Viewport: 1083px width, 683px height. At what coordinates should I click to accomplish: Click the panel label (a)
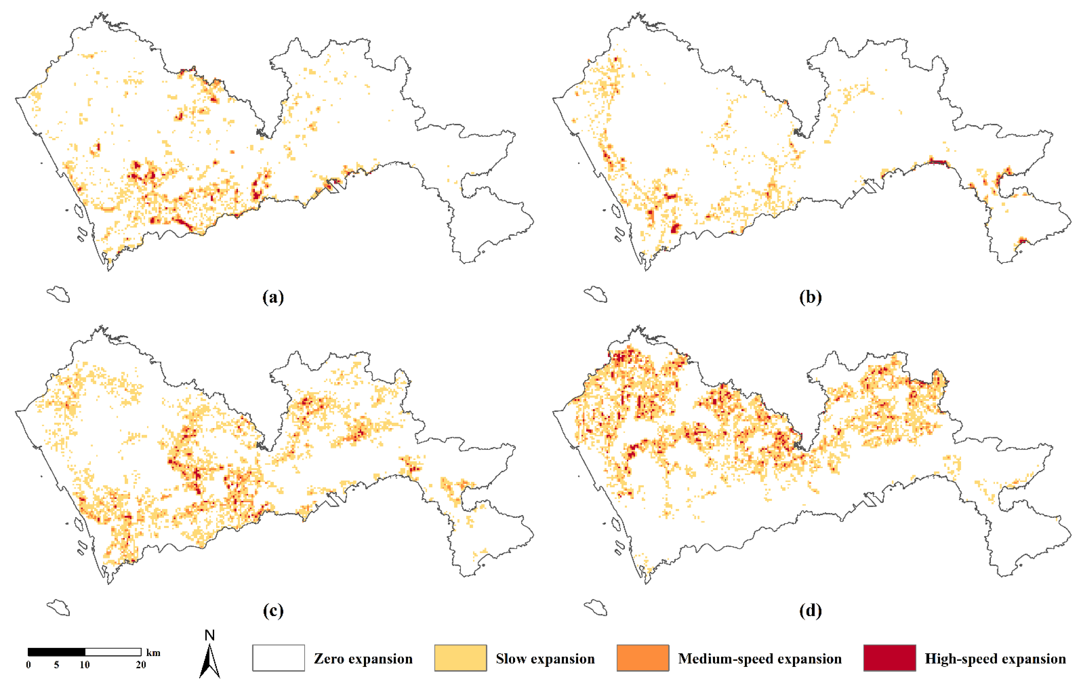click(273, 297)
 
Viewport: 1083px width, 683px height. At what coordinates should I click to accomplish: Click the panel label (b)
click(810, 297)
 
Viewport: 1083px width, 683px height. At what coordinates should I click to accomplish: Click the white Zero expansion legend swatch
click(279, 658)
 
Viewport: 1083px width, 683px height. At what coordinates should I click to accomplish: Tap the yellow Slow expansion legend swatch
click(461, 658)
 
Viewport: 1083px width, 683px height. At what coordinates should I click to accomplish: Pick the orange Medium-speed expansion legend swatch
click(643, 658)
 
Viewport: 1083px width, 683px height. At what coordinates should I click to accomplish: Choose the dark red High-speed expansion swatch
click(889, 658)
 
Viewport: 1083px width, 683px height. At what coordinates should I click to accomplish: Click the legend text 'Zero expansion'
click(363, 659)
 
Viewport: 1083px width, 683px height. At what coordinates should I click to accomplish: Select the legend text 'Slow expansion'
click(545, 659)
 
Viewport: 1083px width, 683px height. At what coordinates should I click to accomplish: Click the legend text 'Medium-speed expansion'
click(760, 659)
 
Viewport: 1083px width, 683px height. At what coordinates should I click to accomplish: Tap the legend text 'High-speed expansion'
click(995, 659)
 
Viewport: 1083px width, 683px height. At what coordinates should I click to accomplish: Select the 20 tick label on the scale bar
click(141, 665)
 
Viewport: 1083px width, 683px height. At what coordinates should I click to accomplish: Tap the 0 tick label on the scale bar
click(28, 665)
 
